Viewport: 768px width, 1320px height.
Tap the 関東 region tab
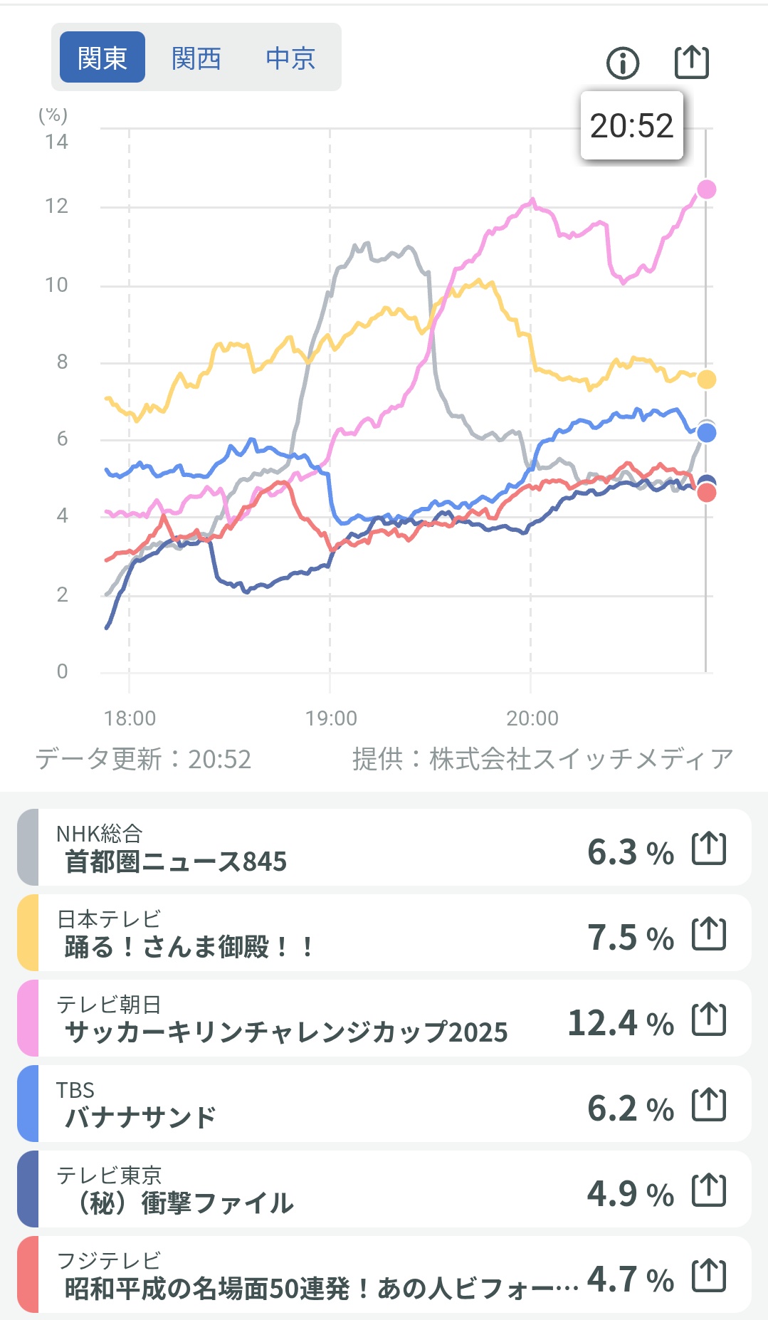pyautogui.click(x=102, y=58)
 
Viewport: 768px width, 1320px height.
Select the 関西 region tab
pyautogui.click(x=196, y=58)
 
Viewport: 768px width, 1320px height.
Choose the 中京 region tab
pyautogui.click(x=290, y=58)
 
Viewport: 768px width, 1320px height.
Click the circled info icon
pyautogui.click(x=623, y=63)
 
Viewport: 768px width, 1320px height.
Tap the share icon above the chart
pyautogui.click(x=691, y=62)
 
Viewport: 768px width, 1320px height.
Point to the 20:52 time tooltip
pyautogui.click(x=631, y=125)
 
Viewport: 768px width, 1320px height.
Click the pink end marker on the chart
pyautogui.click(x=706, y=189)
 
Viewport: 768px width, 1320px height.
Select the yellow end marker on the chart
pyautogui.click(x=706, y=379)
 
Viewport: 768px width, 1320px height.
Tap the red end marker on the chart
pyautogui.click(x=706, y=493)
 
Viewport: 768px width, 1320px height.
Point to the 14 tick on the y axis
pyautogui.click(x=56, y=142)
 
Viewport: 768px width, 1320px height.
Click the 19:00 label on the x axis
pyautogui.click(x=331, y=718)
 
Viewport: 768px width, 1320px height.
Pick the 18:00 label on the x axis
pyautogui.click(x=130, y=718)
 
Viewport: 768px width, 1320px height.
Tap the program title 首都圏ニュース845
pyautogui.click(x=176, y=861)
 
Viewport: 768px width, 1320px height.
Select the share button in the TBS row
pyautogui.click(x=709, y=1105)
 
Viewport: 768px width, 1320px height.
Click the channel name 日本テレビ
pyautogui.click(x=109, y=918)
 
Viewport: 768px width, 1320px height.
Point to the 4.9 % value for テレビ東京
pyautogui.click(x=631, y=1194)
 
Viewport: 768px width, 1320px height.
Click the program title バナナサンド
pyautogui.click(x=140, y=1118)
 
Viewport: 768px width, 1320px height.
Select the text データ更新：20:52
pyautogui.click(x=143, y=759)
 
